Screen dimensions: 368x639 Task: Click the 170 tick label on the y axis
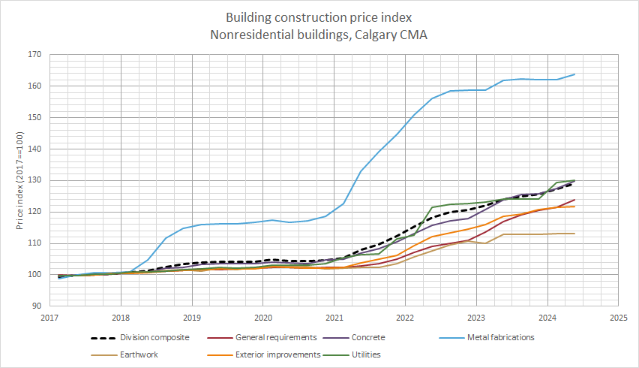point(33,55)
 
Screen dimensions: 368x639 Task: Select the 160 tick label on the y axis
point(33,86)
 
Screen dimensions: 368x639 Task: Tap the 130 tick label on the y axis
point(33,180)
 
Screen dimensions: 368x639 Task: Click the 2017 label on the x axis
point(49,318)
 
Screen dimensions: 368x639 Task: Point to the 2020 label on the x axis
point(263,318)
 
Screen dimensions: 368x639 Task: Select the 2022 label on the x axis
point(405,318)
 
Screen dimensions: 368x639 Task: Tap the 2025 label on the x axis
point(618,318)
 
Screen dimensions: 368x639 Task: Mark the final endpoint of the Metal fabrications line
point(574,74)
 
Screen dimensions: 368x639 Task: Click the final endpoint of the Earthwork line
point(574,234)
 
